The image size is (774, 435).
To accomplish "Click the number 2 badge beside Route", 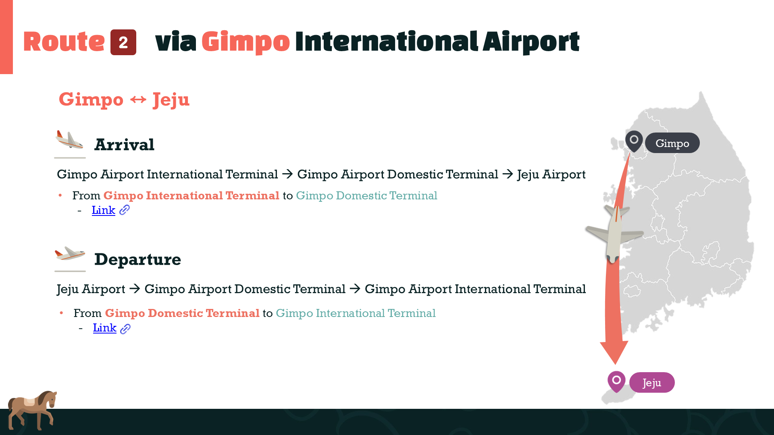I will click(x=123, y=42).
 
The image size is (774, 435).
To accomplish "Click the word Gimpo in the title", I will click(x=246, y=42).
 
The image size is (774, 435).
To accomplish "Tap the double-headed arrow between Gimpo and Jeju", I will click(x=138, y=99).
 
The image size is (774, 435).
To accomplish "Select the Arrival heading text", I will click(x=124, y=145).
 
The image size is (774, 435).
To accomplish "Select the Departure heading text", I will click(x=137, y=259).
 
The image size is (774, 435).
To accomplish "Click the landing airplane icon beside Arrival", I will click(x=70, y=140).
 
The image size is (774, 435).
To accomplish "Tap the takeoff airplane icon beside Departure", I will click(x=70, y=254).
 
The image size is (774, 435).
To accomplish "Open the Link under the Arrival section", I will click(x=104, y=210).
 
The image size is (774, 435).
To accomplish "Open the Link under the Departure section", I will click(x=105, y=328).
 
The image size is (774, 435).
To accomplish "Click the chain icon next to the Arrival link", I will click(x=125, y=210).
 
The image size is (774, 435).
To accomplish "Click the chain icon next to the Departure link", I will click(x=125, y=329).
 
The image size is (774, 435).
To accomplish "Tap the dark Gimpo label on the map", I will click(x=672, y=143).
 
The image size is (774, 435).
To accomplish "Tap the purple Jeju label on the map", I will click(x=651, y=383).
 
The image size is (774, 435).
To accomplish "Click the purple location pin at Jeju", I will click(x=616, y=381).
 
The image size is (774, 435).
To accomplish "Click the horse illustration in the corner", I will click(x=32, y=409).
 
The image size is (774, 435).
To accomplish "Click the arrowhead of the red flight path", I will click(x=614, y=351).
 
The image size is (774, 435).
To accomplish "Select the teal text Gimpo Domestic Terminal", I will click(x=366, y=196).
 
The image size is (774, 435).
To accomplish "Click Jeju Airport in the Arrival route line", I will click(x=551, y=174).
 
